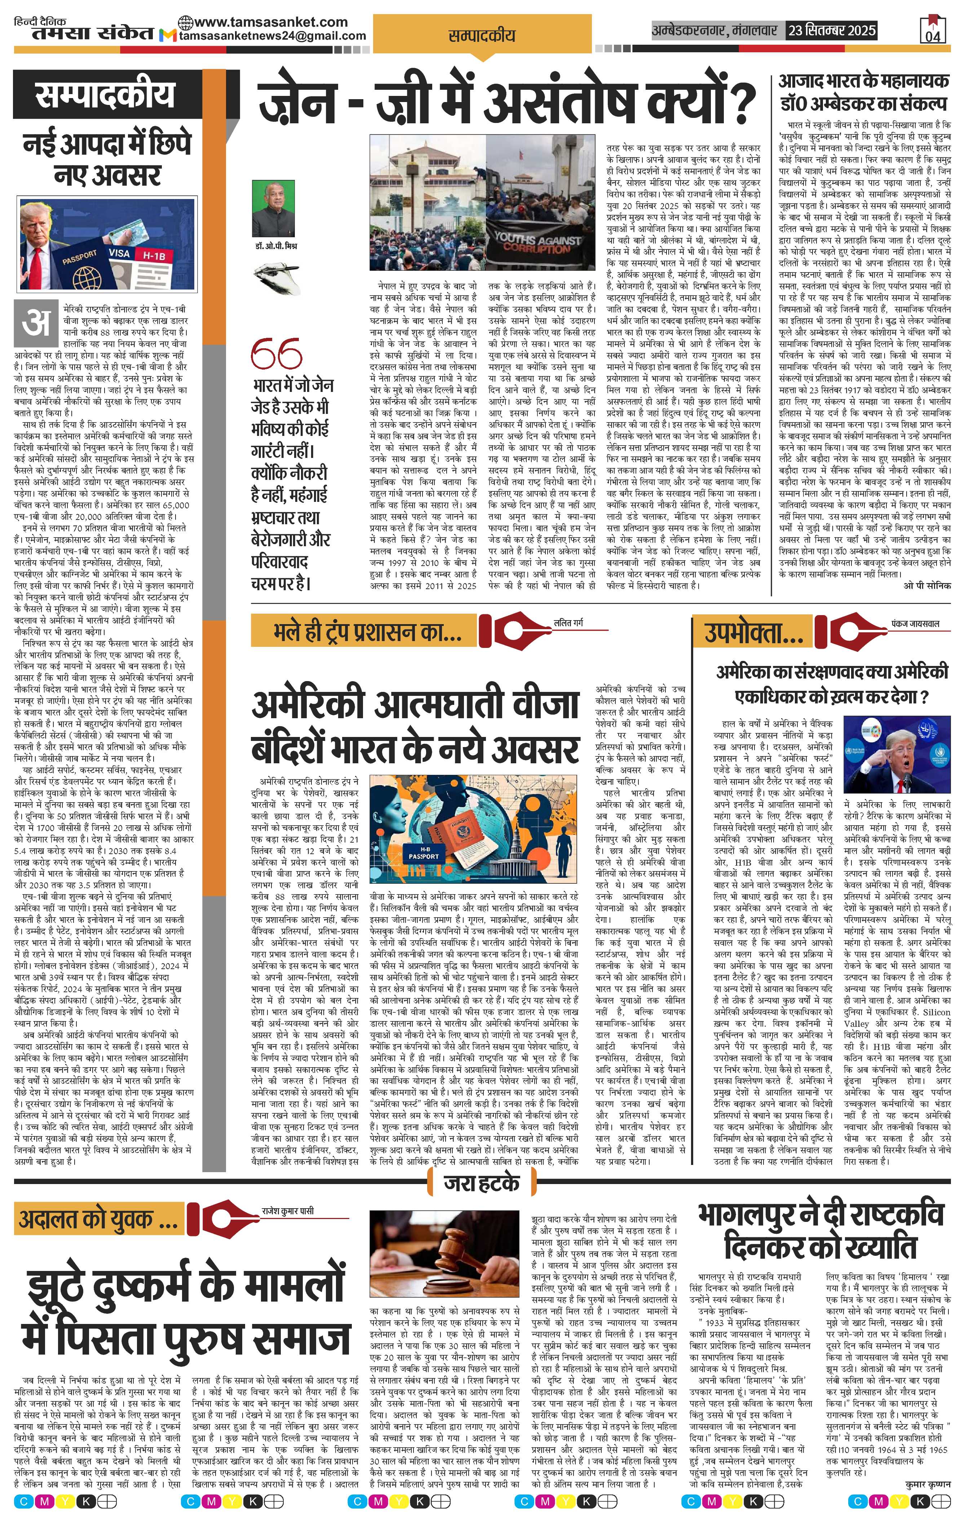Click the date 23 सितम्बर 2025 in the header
point(831,30)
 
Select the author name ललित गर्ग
point(568,623)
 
